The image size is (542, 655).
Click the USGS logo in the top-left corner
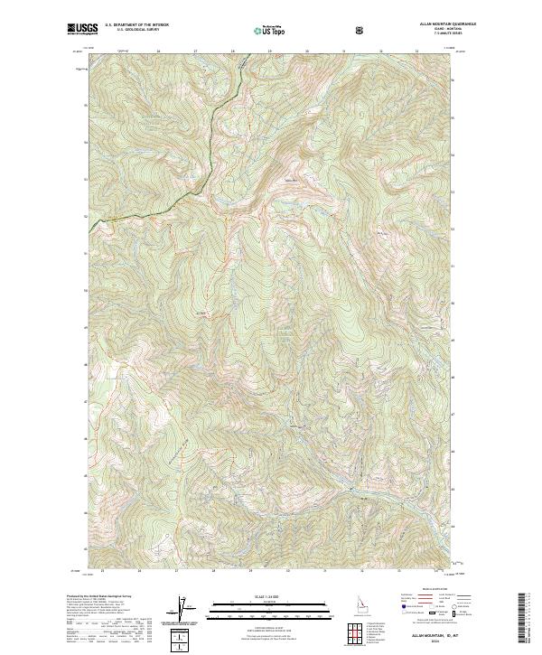click(81, 29)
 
